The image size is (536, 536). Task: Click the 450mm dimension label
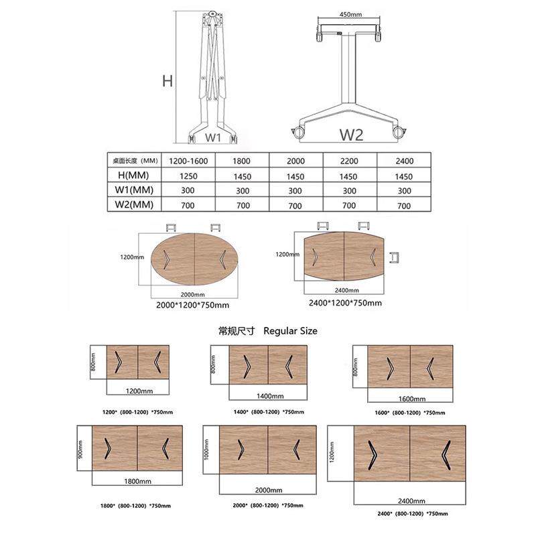click(350, 14)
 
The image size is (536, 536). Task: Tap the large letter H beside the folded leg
click(167, 81)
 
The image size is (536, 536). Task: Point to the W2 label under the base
click(351, 135)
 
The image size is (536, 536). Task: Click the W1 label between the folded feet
click(212, 138)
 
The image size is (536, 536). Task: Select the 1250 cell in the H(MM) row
click(188, 176)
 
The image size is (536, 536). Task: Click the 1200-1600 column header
click(188, 161)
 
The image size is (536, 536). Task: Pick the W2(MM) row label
click(134, 204)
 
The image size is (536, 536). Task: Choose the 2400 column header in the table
click(405, 161)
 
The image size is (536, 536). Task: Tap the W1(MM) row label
click(134, 190)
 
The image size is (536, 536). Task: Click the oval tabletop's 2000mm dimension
click(193, 295)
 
